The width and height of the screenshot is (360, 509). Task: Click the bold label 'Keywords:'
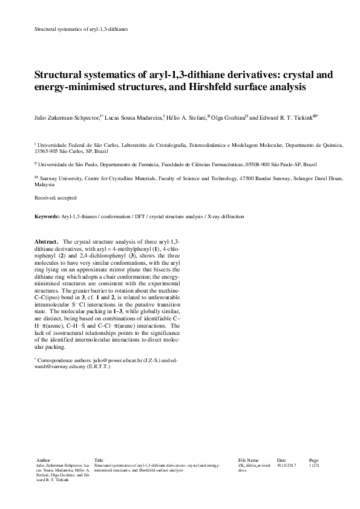tap(47, 216)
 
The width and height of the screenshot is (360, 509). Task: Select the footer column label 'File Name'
tap(248, 460)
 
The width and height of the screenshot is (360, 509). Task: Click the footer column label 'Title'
tap(99, 460)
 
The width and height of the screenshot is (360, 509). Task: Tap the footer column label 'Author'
tap(44, 460)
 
